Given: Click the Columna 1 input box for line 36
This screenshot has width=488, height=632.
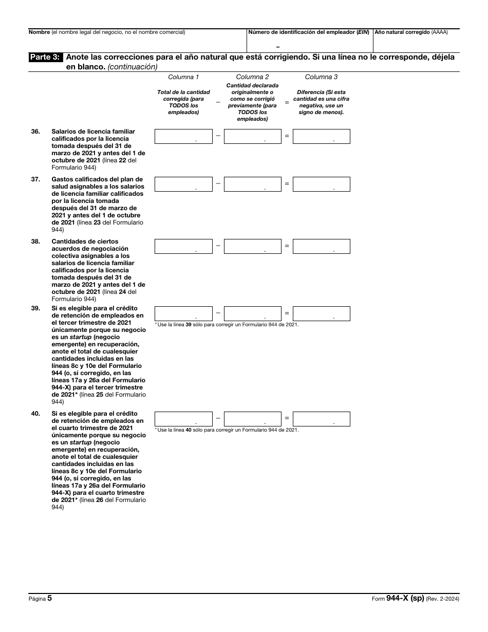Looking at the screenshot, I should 183,136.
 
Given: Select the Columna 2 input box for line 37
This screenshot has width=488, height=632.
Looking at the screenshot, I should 252,184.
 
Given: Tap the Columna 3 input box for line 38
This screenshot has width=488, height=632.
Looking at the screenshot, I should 322,246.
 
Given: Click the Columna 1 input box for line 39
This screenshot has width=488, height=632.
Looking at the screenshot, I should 183,313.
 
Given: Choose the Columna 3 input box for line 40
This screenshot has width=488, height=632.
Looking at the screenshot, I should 322,419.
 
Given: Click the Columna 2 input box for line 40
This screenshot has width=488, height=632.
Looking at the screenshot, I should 252,419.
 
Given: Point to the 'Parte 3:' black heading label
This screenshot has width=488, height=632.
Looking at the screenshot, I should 46,58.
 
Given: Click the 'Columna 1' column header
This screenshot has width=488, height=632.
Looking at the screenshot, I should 183,77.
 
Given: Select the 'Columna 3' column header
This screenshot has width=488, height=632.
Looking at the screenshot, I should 321,77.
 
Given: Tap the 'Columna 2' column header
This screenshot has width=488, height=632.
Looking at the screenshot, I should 252,77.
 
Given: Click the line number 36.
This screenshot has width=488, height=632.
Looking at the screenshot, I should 35,132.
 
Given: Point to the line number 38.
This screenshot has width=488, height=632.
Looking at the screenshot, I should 35,241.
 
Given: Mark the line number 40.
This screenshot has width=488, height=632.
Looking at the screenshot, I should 35,414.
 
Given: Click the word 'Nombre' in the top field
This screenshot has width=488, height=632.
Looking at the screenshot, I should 39,32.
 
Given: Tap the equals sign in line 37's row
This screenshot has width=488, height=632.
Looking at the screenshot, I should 287,183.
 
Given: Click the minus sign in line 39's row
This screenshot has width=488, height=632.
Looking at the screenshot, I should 218,312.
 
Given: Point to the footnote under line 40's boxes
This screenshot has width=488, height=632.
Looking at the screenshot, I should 226,430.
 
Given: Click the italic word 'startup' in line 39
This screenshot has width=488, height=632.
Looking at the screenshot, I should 81,337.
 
